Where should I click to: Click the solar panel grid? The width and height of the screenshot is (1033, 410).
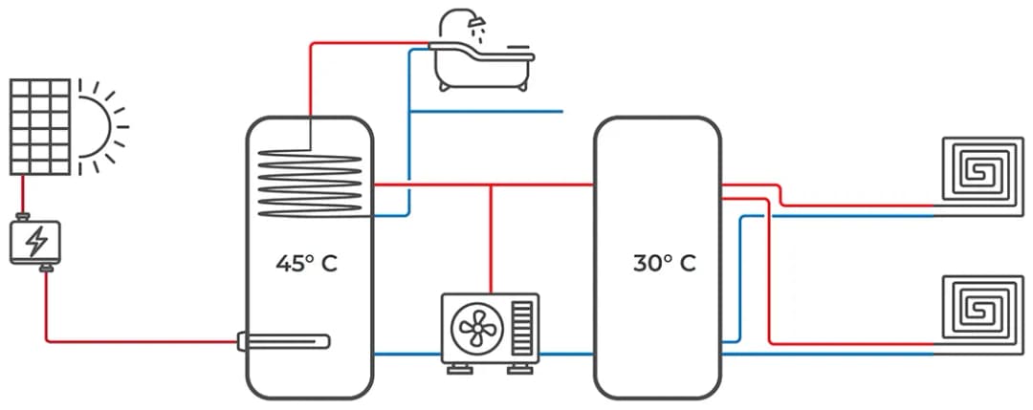coord(40,127)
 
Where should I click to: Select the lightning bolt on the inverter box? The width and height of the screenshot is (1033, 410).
coord(35,242)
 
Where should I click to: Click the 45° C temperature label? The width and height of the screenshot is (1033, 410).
coord(306,264)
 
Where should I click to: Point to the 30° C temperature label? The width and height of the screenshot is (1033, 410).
coord(664,264)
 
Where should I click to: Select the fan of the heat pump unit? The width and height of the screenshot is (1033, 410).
coord(474,328)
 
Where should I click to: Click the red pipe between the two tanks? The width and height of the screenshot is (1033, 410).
coord(536,183)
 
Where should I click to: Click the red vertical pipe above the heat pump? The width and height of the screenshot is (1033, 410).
coord(491,239)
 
